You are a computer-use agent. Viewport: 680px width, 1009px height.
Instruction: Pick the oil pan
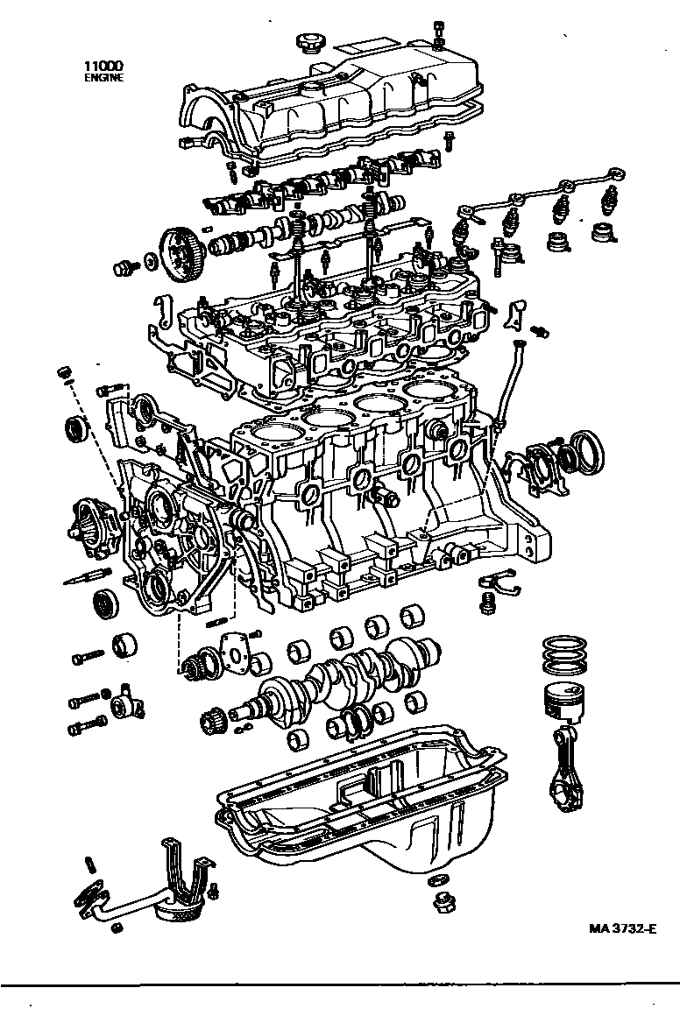(x=368, y=806)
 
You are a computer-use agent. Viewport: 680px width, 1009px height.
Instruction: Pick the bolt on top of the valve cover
(x=437, y=31)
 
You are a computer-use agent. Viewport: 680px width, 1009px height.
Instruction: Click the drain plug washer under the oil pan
(x=439, y=879)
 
